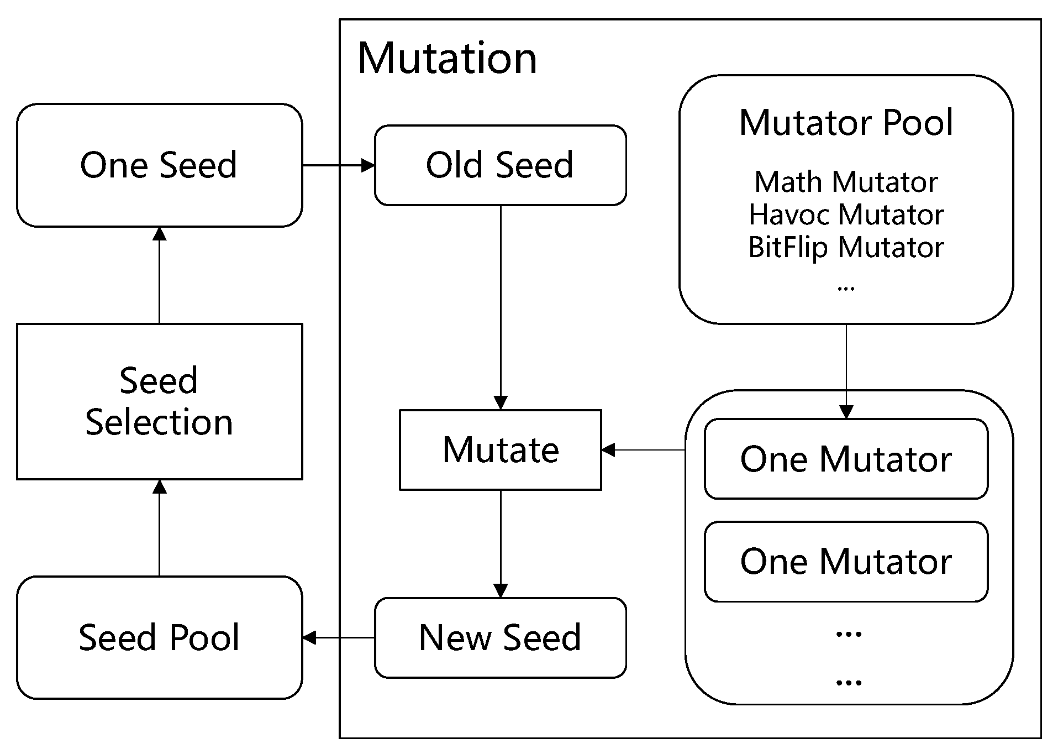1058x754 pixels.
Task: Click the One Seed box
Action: [159, 165]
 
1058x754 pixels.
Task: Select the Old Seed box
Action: [500, 165]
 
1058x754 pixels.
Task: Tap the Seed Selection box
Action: [159, 401]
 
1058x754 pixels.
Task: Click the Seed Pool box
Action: [159, 637]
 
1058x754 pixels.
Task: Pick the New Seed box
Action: [500, 637]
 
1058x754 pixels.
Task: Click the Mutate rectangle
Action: [500, 449]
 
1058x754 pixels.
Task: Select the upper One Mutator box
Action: [846, 459]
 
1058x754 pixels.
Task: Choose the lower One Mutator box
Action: [846, 561]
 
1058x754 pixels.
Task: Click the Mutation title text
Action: [447, 58]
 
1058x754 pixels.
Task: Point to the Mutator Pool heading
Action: [846, 122]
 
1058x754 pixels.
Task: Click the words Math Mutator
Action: [846, 182]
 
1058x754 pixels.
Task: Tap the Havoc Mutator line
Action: [846, 214]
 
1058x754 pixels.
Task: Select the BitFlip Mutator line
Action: [846, 247]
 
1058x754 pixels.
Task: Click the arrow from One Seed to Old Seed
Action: [338, 165]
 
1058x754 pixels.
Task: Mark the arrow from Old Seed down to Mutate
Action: [501, 307]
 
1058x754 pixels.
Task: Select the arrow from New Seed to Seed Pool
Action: [338, 637]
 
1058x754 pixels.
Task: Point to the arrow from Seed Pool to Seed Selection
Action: [160, 528]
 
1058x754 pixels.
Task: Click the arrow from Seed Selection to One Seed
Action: [160, 275]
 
